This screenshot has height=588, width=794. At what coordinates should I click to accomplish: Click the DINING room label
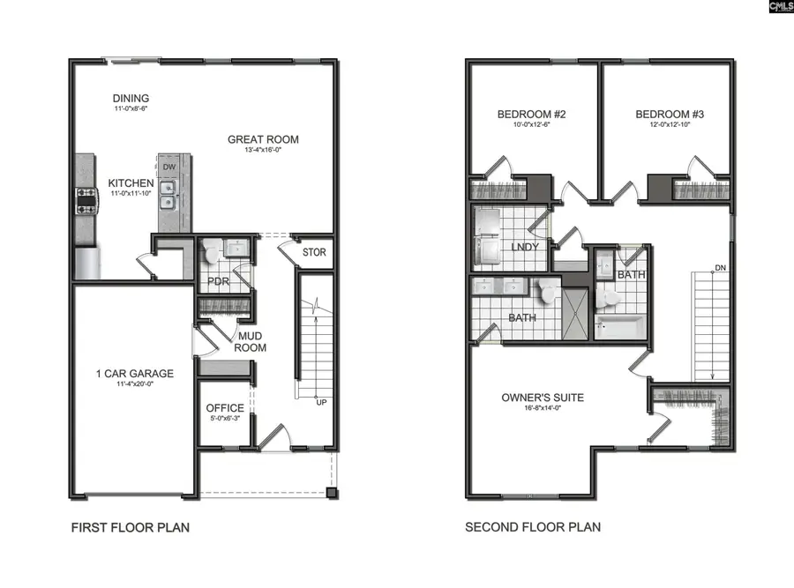(131, 98)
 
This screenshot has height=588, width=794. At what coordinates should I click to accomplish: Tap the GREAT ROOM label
(263, 139)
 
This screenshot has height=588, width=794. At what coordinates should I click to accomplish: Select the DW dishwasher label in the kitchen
(169, 167)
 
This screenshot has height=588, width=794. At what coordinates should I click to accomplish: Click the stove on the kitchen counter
(86, 201)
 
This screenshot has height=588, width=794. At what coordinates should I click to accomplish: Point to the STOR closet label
(314, 253)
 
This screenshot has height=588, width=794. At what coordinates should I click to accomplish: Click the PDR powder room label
(219, 282)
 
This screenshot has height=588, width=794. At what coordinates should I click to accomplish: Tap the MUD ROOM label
(251, 342)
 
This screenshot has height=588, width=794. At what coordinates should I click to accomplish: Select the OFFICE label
(225, 408)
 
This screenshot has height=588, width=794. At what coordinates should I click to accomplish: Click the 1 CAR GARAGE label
(135, 373)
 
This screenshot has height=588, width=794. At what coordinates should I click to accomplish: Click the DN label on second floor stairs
(720, 267)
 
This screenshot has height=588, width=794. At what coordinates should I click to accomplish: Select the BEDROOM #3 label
(670, 115)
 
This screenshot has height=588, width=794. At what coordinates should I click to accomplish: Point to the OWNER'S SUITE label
(543, 398)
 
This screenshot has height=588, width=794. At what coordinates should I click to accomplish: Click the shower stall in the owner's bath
(575, 312)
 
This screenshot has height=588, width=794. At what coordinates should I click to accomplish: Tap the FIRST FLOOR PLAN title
(130, 527)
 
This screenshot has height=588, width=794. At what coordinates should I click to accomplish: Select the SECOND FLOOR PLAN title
(533, 527)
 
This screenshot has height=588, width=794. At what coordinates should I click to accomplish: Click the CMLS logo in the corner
(780, 6)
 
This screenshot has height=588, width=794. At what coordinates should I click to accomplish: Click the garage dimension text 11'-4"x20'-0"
(135, 385)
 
